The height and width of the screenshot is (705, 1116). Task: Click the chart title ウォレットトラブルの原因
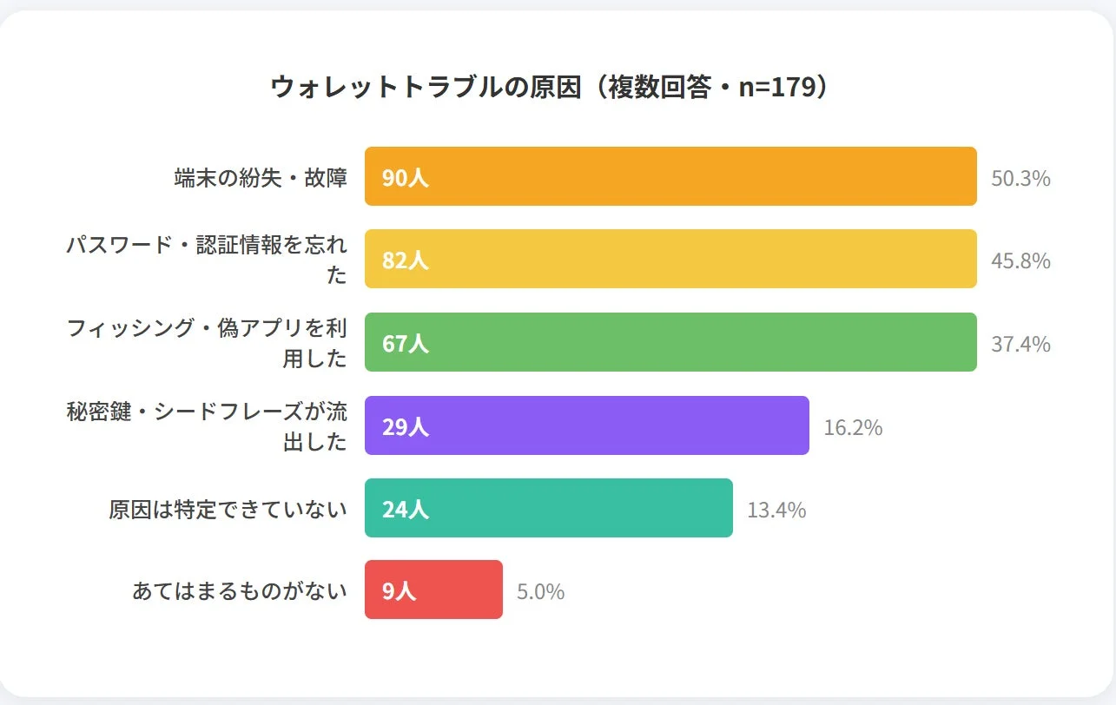point(425,88)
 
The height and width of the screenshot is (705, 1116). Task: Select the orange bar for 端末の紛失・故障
point(670,176)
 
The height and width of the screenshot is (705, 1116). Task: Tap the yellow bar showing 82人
point(670,259)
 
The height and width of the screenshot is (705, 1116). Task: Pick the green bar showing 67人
point(670,342)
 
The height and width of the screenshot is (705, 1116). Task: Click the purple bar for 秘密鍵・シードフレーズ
point(587,425)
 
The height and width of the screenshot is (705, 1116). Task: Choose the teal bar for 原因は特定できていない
point(549,508)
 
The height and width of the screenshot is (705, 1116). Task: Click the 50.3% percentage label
point(1020,179)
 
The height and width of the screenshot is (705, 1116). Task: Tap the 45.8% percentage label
point(1020,261)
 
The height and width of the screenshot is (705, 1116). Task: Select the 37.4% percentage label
point(1020,345)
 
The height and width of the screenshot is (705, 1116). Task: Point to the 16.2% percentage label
point(853,427)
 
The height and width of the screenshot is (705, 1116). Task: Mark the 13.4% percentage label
point(776,511)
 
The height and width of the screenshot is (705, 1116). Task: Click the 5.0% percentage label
point(540,592)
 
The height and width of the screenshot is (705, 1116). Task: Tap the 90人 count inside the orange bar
point(406,178)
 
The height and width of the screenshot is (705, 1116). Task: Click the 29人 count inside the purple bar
point(406,427)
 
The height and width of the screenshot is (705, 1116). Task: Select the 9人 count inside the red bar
point(400,592)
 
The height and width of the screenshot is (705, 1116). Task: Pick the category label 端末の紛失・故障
point(261,178)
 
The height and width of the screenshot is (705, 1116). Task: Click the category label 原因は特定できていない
point(228,510)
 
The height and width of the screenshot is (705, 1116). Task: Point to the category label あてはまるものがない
point(240,591)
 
